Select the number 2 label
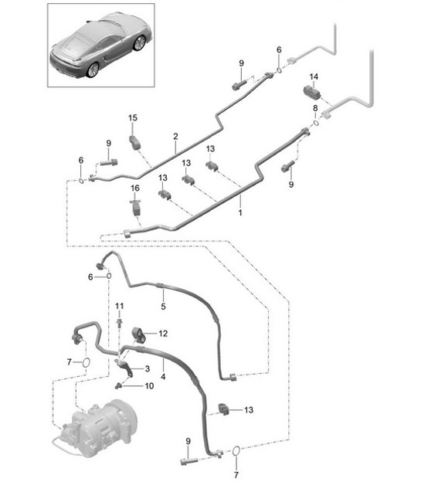click(175, 136)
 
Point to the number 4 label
click(163, 377)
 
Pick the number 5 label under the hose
click(162, 307)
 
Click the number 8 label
click(315, 108)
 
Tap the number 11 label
click(119, 307)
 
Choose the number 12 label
click(163, 334)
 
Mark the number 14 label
click(314, 77)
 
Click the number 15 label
click(132, 117)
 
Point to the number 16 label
click(134, 188)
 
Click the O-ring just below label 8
click(315, 122)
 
